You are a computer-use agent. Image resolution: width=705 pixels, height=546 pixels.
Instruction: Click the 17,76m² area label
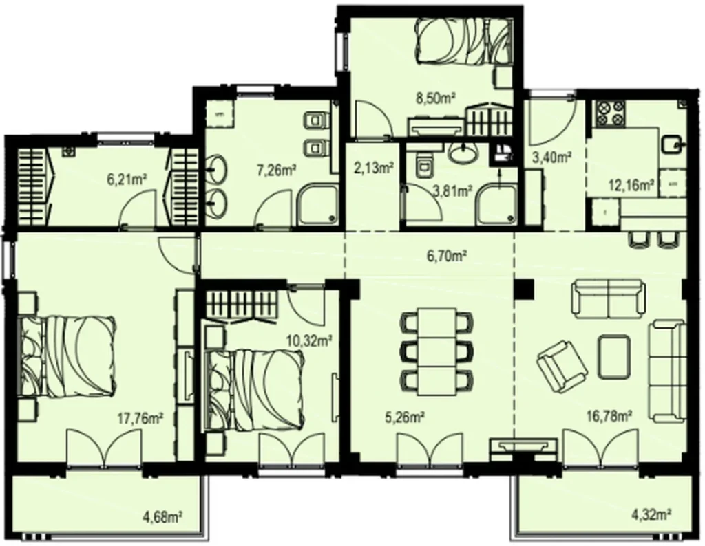point(140,418)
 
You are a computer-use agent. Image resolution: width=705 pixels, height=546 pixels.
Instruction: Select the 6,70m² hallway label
point(446,256)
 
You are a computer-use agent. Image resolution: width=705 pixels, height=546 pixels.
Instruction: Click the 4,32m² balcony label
point(652,512)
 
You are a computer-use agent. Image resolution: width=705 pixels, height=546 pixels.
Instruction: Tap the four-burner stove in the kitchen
point(610,113)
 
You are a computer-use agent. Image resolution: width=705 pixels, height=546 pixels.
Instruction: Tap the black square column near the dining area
point(524,290)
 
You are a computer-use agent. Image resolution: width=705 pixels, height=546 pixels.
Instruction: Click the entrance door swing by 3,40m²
point(553,119)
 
